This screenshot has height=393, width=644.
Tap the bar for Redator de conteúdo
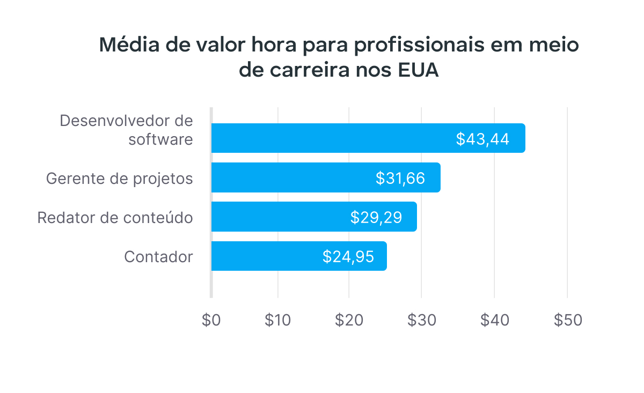[x=279, y=217]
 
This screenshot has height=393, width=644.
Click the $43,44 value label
[x=482, y=139]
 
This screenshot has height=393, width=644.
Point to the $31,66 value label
[x=400, y=178]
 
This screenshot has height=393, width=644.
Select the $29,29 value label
[x=376, y=217]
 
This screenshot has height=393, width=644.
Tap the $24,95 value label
[x=348, y=257]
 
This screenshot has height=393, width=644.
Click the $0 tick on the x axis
[x=211, y=320]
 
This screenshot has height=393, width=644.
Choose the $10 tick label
[x=278, y=320]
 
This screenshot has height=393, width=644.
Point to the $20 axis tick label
[x=349, y=320]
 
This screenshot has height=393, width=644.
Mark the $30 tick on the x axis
[x=421, y=320]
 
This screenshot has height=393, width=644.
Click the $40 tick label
[x=494, y=320]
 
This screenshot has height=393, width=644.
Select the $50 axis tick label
[x=567, y=320]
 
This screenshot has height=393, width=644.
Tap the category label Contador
[x=158, y=257]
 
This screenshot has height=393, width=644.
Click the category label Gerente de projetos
[x=120, y=178]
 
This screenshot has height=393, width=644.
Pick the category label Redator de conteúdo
[x=115, y=218]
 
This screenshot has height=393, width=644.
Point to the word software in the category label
[x=160, y=139]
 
